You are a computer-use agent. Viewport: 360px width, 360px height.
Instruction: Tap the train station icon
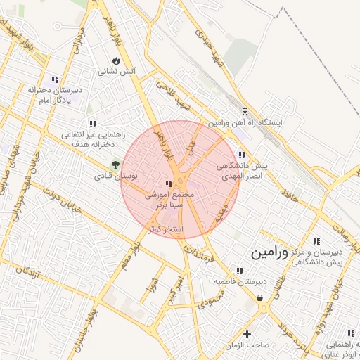(245, 112)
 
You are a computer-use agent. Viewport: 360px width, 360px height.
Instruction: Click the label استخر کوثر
(166, 229)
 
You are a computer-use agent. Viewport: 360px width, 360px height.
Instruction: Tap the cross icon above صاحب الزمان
(247, 333)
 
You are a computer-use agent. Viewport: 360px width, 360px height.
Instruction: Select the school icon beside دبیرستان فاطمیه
(240, 270)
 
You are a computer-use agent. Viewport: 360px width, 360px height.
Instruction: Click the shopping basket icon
(261, 298)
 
